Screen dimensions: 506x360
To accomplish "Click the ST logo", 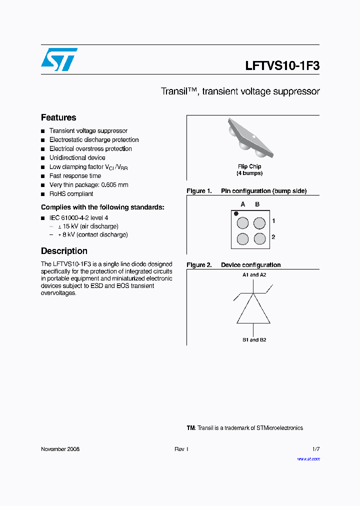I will pyautogui.click(x=59, y=59).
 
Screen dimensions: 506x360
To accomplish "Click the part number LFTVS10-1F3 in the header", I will pyautogui.click(x=282, y=66).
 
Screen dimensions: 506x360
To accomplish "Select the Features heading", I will pyautogui.click(x=58, y=117).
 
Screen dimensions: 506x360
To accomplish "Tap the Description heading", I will pyautogui.click(x=64, y=251).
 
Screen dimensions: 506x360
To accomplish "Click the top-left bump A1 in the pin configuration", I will pyautogui.click(x=242, y=222).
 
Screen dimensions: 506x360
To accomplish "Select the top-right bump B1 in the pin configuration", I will pyautogui.click(x=259, y=222).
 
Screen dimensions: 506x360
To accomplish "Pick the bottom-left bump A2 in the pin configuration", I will pyautogui.click(x=242, y=239).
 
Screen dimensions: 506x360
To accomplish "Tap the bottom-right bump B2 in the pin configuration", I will pyautogui.click(x=259, y=239).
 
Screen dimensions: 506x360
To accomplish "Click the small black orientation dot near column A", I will pyautogui.click(x=236, y=213).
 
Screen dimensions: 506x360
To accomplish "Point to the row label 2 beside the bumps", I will pyautogui.click(x=273, y=237).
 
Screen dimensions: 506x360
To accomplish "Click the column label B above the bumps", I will pyautogui.click(x=257, y=204).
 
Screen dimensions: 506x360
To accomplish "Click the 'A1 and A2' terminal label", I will pyautogui.click(x=254, y=275).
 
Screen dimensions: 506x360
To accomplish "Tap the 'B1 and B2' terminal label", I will pyautogui.click(x=254, y=340).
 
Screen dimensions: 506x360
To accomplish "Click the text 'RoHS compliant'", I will pyautogui.click(x=71, y=194).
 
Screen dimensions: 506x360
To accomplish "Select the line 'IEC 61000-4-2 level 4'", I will pyautogui.click(x=78, y=217).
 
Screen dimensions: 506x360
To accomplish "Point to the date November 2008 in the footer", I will pyautogui.click(x=60, y=449).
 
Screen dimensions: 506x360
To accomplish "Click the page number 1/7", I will pyautogui.click(x=315, y=449).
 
